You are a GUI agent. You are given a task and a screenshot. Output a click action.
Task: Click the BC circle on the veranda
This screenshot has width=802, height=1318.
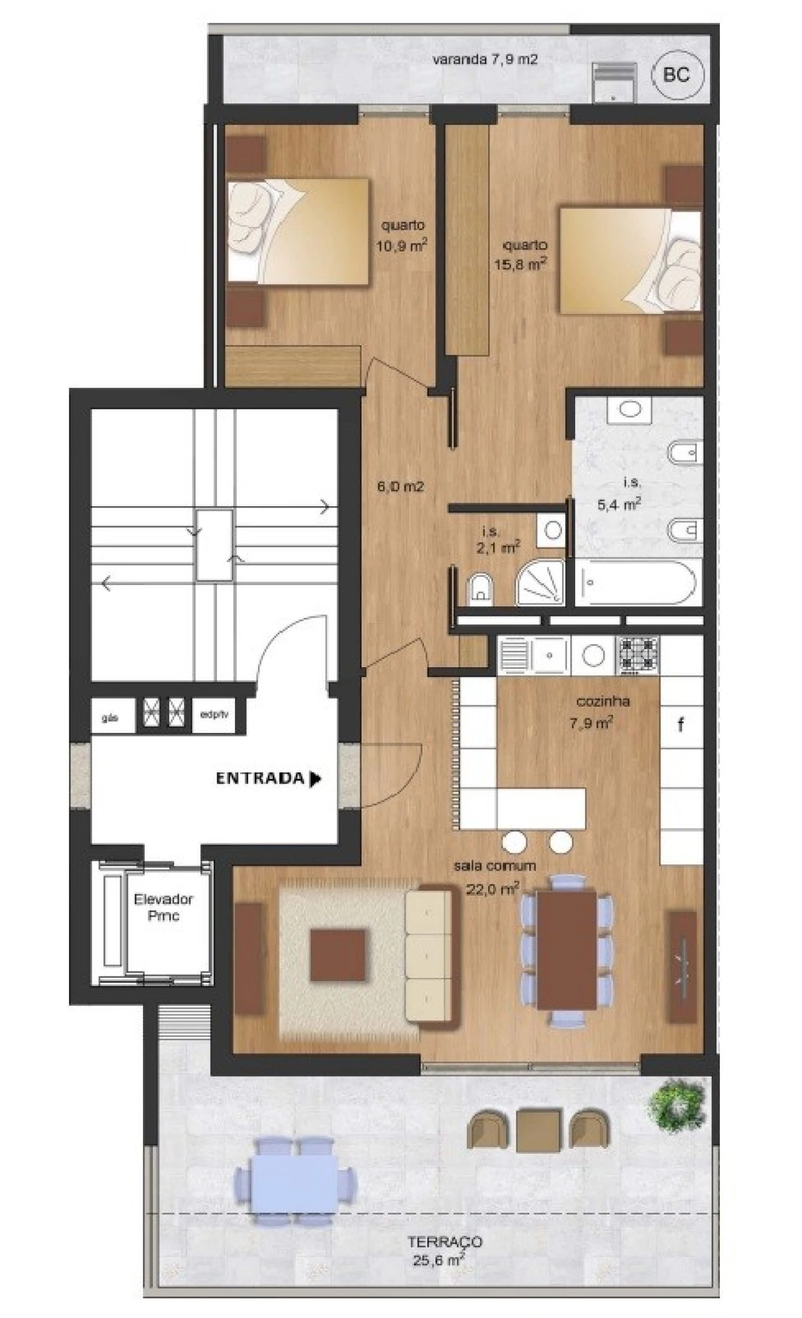click(x=676, y=75)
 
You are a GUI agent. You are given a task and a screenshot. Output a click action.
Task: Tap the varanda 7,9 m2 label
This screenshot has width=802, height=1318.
click(x=485, y=60)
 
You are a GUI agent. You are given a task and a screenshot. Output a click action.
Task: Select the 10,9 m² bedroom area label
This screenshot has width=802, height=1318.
click(x=402, y=236)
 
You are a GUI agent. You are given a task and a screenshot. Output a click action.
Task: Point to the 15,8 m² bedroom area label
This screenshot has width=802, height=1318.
click(x=520, y=255)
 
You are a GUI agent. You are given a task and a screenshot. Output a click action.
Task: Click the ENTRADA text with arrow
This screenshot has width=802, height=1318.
click(x=268, y=779)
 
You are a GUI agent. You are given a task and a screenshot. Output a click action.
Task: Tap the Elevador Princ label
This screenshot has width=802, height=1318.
click(x=164, y=907)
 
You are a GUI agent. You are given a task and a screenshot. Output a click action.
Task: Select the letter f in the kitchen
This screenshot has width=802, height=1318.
click(x=680, y=725)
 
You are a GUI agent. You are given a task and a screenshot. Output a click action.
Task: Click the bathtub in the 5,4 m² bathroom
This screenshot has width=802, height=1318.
click(x=636, y=583)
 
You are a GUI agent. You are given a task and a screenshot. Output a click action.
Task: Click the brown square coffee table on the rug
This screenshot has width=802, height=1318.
click(x=338, y=955)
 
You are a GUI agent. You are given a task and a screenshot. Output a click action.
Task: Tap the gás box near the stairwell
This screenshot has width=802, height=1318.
click(x=112, y=719)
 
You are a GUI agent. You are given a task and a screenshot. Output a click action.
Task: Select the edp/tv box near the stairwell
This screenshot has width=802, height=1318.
click(x=214, y=715)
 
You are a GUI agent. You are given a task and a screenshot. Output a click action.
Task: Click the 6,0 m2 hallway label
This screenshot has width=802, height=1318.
click(x=401, y=486)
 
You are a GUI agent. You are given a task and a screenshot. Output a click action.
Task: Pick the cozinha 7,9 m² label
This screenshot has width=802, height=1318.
click(x=593, y=712)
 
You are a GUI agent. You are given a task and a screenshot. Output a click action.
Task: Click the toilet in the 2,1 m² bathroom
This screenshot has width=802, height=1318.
click(x=481, y=588)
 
